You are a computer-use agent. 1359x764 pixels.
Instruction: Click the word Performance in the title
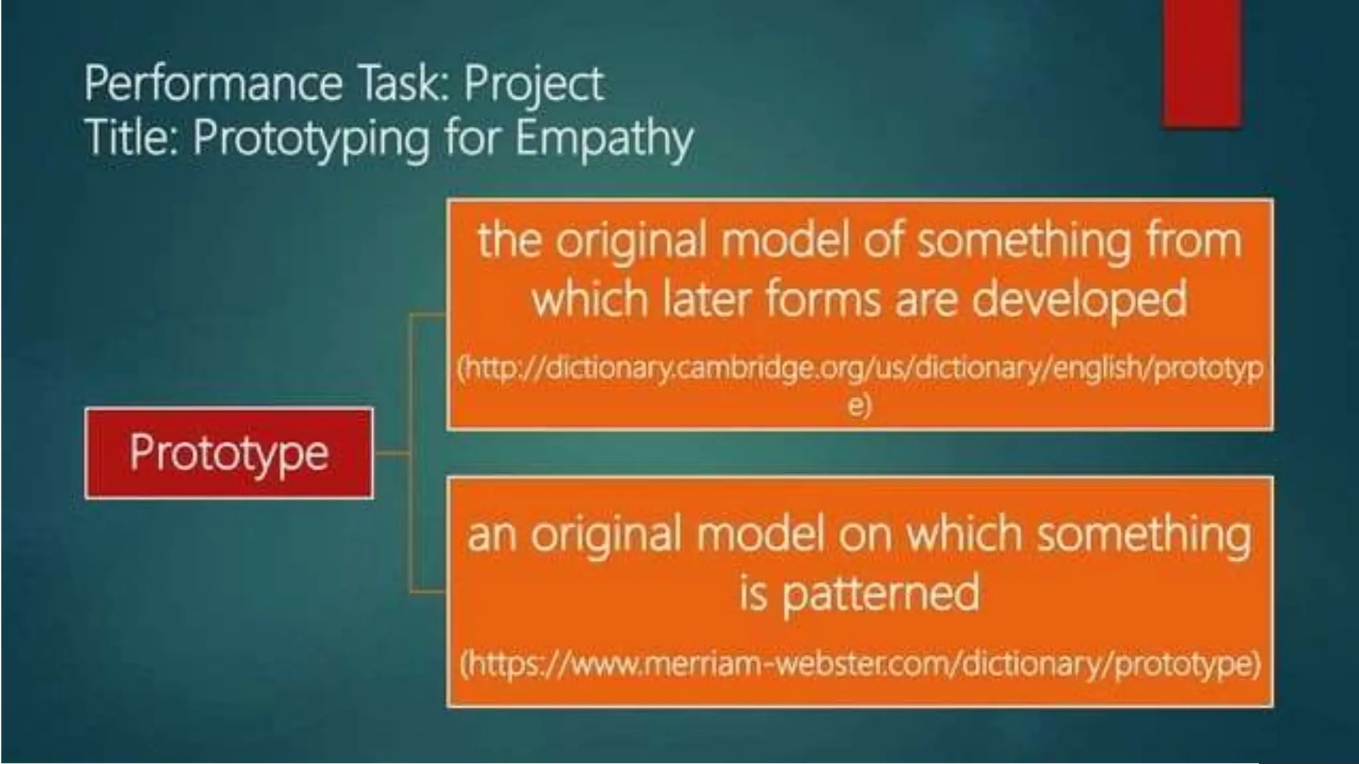(213, 84)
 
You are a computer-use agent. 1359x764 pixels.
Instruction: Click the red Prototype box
(229, 453)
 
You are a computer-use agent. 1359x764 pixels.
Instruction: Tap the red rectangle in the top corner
(1201, 63)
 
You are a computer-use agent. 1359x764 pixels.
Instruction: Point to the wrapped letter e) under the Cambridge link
(859, 405)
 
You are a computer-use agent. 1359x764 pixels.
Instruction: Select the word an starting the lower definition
(492, 535)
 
